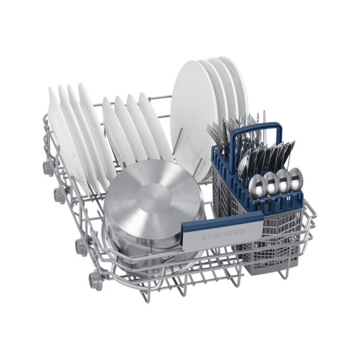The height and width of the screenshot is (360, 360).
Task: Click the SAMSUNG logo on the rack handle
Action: point(223,234)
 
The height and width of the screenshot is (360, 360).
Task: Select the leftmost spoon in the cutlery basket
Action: point(257,186)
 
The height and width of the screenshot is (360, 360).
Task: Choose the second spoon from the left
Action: point(271,183)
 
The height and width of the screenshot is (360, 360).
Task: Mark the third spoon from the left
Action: point(284,181)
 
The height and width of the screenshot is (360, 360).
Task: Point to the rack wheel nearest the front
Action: point(94,281)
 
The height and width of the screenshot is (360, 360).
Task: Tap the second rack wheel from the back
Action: point(59,196)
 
